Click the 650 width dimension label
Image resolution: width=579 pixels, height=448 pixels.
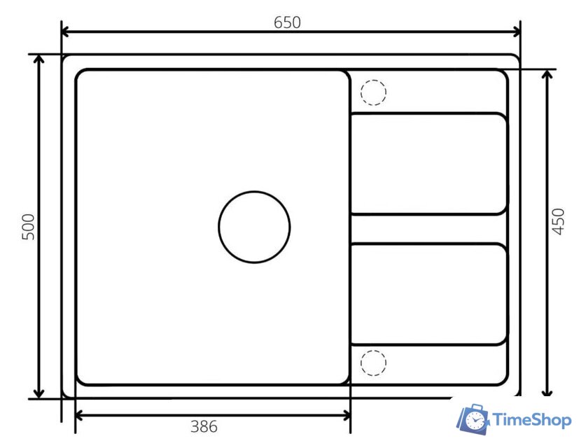287,22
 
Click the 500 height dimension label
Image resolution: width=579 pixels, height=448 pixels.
29,227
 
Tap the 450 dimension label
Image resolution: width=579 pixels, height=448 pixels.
558,222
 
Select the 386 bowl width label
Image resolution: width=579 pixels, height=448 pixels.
204,426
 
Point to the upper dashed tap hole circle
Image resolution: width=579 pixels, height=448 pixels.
373,80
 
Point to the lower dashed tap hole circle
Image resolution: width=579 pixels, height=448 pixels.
373,350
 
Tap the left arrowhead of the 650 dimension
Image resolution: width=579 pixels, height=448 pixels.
65,32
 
